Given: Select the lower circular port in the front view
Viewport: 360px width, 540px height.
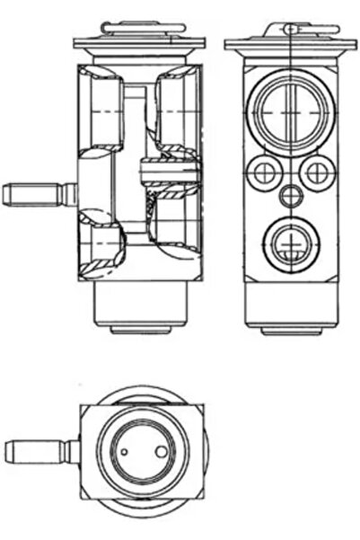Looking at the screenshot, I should click(289, 240).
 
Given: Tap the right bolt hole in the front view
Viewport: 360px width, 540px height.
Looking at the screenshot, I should click(317, 172).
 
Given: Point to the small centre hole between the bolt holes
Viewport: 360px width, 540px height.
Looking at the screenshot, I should click(289, 194).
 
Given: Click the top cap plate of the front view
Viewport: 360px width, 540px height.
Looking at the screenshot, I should click(289, 43).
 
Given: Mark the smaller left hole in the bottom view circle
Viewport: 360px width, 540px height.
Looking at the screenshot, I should click(126, 451).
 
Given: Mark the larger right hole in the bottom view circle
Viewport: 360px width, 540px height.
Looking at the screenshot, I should click(162, 450).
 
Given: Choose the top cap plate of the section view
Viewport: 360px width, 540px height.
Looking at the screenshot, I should click(139, 43).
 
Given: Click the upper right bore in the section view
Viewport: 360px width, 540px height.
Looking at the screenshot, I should click(175, 108).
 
